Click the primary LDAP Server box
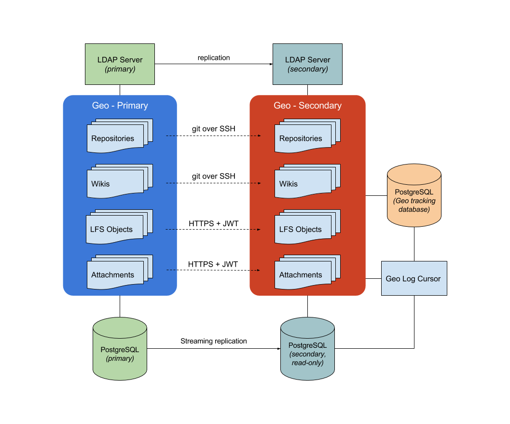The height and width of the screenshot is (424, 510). coord(120,64)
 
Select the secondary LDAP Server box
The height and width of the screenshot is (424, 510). coord(307,64)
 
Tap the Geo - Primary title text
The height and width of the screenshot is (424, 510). coord(120,106)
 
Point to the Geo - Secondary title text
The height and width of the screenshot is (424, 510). coord(307,106)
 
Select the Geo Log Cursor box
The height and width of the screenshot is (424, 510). coord(414,278)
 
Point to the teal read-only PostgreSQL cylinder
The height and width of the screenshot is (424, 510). coord(307,349)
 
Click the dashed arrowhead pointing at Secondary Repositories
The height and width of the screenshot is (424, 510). coord(259,136)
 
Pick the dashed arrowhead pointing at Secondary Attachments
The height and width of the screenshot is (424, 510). coord(259,270)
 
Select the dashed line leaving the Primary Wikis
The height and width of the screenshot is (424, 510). coord(172,183)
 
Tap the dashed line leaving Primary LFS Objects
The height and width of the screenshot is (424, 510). coord(172,230)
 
